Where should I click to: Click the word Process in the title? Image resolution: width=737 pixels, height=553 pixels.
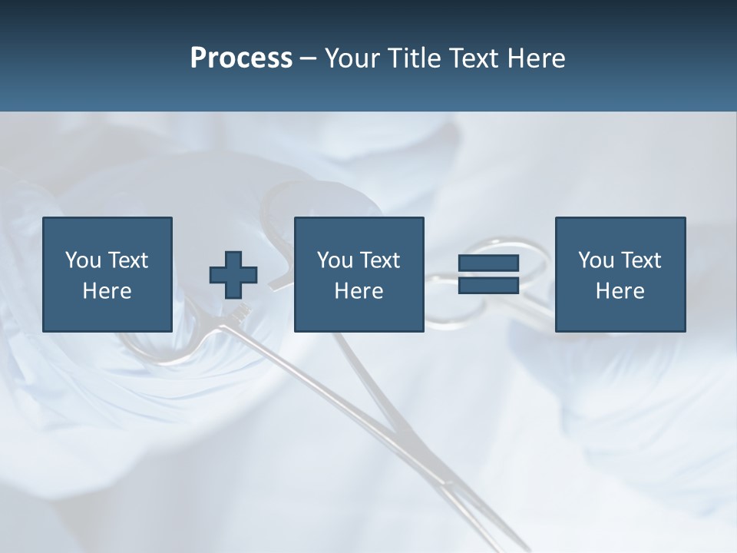[241, 58]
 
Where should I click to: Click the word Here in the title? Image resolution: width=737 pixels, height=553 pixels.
[537, 58]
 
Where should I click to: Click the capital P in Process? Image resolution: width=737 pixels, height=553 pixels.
[198, 58]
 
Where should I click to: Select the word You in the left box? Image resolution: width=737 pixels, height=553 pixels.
[83, 260]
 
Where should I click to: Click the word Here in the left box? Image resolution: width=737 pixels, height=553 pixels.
[107, 291]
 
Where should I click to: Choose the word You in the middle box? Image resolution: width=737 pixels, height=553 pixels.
[335, 260]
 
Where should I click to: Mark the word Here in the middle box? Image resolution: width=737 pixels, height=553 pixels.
[359, 291]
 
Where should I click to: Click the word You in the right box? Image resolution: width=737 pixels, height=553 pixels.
[596, 260]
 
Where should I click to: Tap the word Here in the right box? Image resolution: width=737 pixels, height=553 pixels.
[620, 291]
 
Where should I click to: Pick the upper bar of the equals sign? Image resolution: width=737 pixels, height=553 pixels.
[488, 263]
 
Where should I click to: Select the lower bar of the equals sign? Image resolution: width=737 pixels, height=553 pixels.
[488, 285]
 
